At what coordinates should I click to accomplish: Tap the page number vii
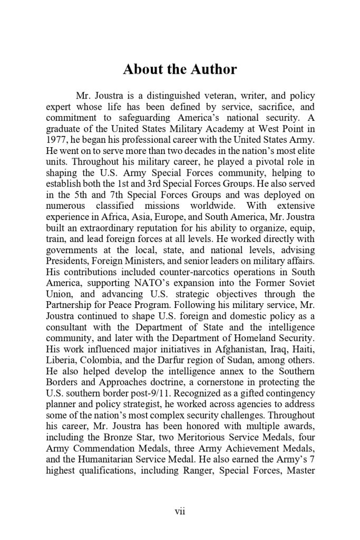[180, 510]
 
